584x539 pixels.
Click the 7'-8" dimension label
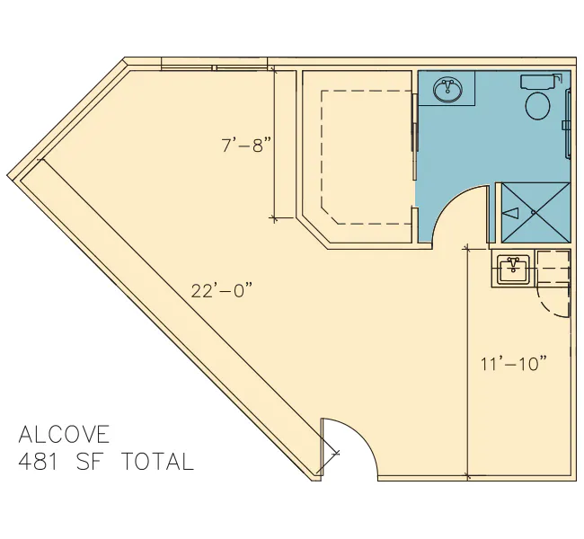(x=247, y=145)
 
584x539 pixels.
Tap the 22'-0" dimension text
(x=222, y=290)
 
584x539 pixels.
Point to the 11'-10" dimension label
(x=514, y=364)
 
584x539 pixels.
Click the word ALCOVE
(x=65, y=434)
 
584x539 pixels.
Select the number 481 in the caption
(x=39, y=461)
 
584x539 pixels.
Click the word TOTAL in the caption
(x=158, y=461)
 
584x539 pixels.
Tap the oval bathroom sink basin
(x=448, y=90)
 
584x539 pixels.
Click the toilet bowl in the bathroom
(x=538, y=106)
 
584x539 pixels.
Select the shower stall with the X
(x=535, y=213)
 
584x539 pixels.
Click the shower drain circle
(x=534, y=212)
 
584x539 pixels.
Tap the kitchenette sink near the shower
(x=514, y=269)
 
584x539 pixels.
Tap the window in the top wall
(x=215, y=67)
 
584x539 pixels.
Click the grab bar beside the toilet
(x=568, y=124)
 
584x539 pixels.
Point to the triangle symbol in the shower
(x=511, y=213)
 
